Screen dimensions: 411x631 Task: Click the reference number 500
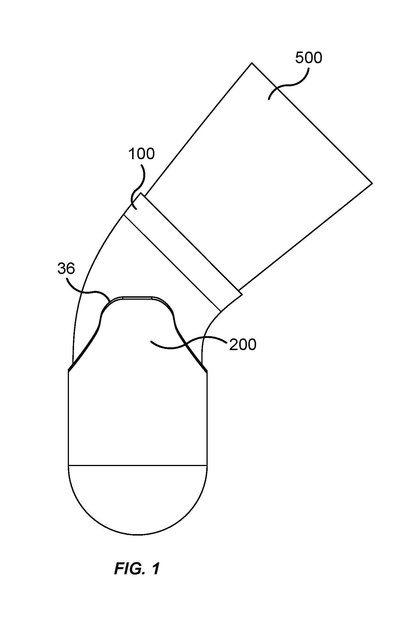point(308,58)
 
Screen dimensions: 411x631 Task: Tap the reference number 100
point(141,154)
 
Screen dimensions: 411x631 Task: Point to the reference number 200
point(243,345)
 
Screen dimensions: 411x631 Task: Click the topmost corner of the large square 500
point(252,63)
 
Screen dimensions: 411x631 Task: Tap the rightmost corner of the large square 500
point(372,183)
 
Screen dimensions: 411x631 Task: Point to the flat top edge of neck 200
point(138,297)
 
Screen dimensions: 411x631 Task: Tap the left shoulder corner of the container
point(69,370)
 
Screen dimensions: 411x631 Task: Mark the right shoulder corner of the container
point(207,371)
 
